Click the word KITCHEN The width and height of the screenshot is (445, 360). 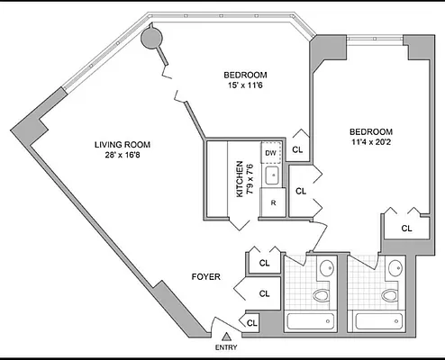click(x=240, y=179)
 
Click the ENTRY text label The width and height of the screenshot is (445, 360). click(x=227, y=347)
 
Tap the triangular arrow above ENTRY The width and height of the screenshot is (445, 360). click(x=227, y=336)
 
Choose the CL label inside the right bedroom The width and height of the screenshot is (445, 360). click(x=406, y=228)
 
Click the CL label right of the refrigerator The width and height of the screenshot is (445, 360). click(x=301, y=191)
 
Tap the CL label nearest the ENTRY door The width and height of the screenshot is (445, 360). click(x=252, y=322)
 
